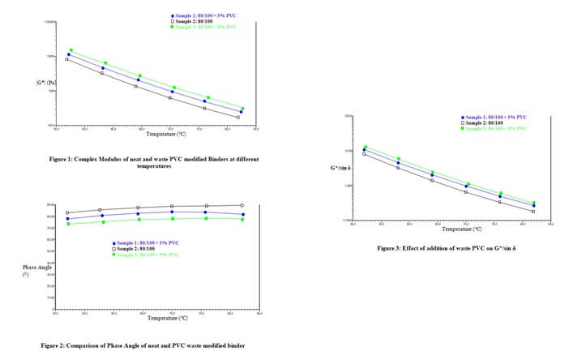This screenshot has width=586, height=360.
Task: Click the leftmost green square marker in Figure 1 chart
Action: pos(71,50)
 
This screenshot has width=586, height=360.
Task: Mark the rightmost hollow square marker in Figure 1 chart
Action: pos(237,118)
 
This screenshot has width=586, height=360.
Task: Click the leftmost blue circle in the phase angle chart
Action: pos(67,219)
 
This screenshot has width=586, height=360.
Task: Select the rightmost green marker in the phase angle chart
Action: pos(242,219)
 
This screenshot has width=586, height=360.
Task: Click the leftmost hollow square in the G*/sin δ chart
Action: pos(365,154)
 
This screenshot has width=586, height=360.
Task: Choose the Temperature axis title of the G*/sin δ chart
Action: pos(451,229)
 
